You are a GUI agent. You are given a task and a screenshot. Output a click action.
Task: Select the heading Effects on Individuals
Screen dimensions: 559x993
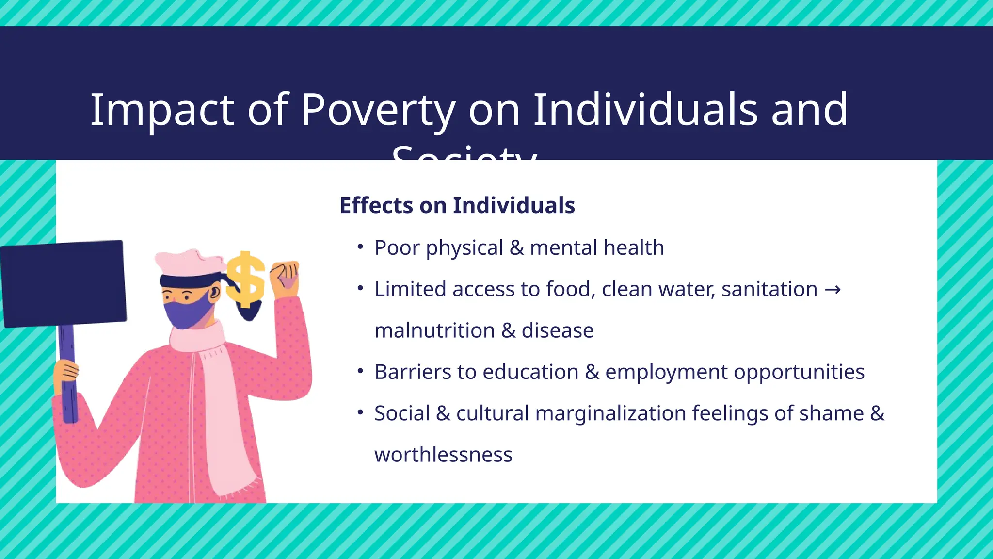coord(457,205)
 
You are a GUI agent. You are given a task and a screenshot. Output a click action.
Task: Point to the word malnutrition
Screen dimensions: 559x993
coord(434,331)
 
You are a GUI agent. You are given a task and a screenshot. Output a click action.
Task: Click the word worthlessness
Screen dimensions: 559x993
coord(443,455)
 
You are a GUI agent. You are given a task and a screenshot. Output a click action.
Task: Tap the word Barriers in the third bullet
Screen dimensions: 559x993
coord(413,372)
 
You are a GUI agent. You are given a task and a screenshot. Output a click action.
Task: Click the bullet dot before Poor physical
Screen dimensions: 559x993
coord(360,247)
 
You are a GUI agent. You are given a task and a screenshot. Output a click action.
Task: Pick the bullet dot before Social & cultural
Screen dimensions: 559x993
coord(360,413)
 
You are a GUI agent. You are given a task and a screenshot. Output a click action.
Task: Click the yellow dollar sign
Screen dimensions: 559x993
coord(246,280)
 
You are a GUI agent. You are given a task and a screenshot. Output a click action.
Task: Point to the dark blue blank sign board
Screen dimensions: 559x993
coord(64,283)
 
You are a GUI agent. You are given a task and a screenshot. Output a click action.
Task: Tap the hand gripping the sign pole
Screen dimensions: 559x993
coord(66,371)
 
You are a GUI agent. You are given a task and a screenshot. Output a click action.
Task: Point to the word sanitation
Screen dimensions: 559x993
coord(769,290)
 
